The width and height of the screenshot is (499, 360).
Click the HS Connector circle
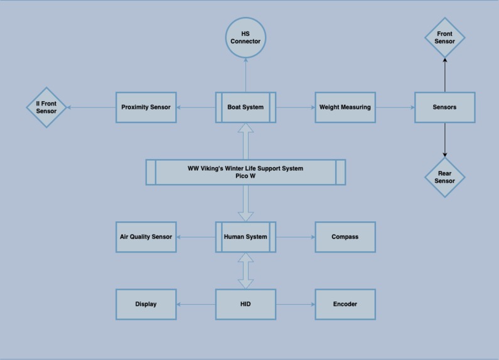(245, 38)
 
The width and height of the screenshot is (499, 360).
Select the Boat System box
(245, 107)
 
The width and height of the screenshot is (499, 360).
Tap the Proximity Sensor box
(146, 107)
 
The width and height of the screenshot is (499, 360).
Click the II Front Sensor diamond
(46, 107)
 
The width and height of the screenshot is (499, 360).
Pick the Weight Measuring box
(345, 107)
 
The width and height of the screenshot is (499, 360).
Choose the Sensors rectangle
(444, 107)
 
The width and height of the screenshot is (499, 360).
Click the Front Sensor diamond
(444, 38)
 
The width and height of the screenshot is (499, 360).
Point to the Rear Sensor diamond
(444, 177)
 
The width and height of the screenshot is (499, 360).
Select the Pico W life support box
(245, 172)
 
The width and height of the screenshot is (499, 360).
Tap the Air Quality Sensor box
(146, 237)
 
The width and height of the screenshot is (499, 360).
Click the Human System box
(245, 237)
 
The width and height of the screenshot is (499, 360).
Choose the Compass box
(345, 237)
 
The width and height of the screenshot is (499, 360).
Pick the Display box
(146, 304)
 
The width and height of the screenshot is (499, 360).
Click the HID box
(245, 304)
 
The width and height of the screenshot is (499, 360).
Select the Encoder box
(345, 304)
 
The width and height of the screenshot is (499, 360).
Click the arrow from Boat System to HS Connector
(245, 75)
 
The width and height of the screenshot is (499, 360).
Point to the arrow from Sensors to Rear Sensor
(444, 139)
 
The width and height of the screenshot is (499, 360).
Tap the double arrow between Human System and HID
(245, 271)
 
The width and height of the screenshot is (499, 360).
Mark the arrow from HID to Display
(196, 304)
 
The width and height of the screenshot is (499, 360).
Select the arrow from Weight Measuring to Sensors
(395, 107)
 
